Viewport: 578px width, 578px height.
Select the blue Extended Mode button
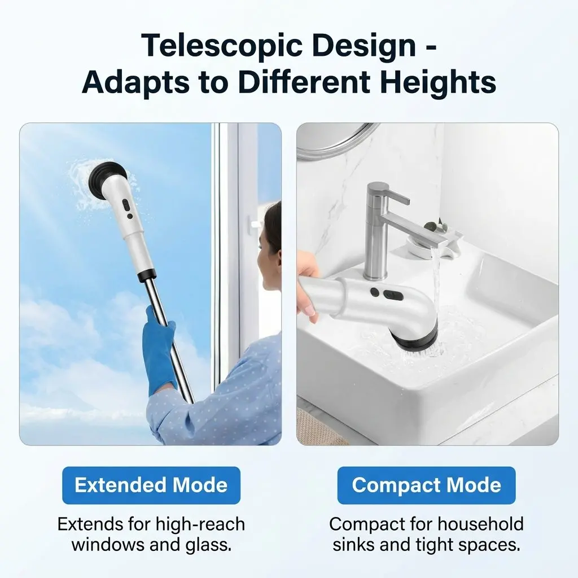tap(151, 485)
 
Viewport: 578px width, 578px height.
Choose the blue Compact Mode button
tap(427, 485)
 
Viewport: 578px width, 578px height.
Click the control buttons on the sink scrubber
tap(382, 294)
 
